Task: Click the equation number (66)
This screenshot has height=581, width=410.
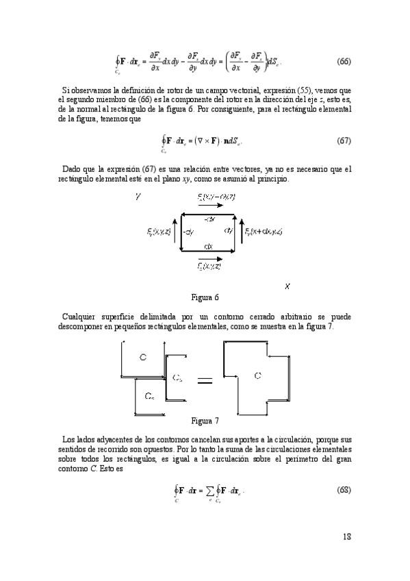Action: point(344,61)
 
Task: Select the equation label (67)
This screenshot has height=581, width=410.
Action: point(344,141)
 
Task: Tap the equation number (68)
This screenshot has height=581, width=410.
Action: point(344,491)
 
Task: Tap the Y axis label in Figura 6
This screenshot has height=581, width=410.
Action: point(138,197)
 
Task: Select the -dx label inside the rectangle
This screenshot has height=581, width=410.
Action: point(209,219)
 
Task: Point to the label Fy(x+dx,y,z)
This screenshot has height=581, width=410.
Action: point(264,232)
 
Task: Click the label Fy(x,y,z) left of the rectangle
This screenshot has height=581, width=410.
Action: point(159,232)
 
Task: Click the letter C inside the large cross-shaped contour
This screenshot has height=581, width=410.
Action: point(257,375)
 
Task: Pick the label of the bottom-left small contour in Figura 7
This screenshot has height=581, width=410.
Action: point(149,397)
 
